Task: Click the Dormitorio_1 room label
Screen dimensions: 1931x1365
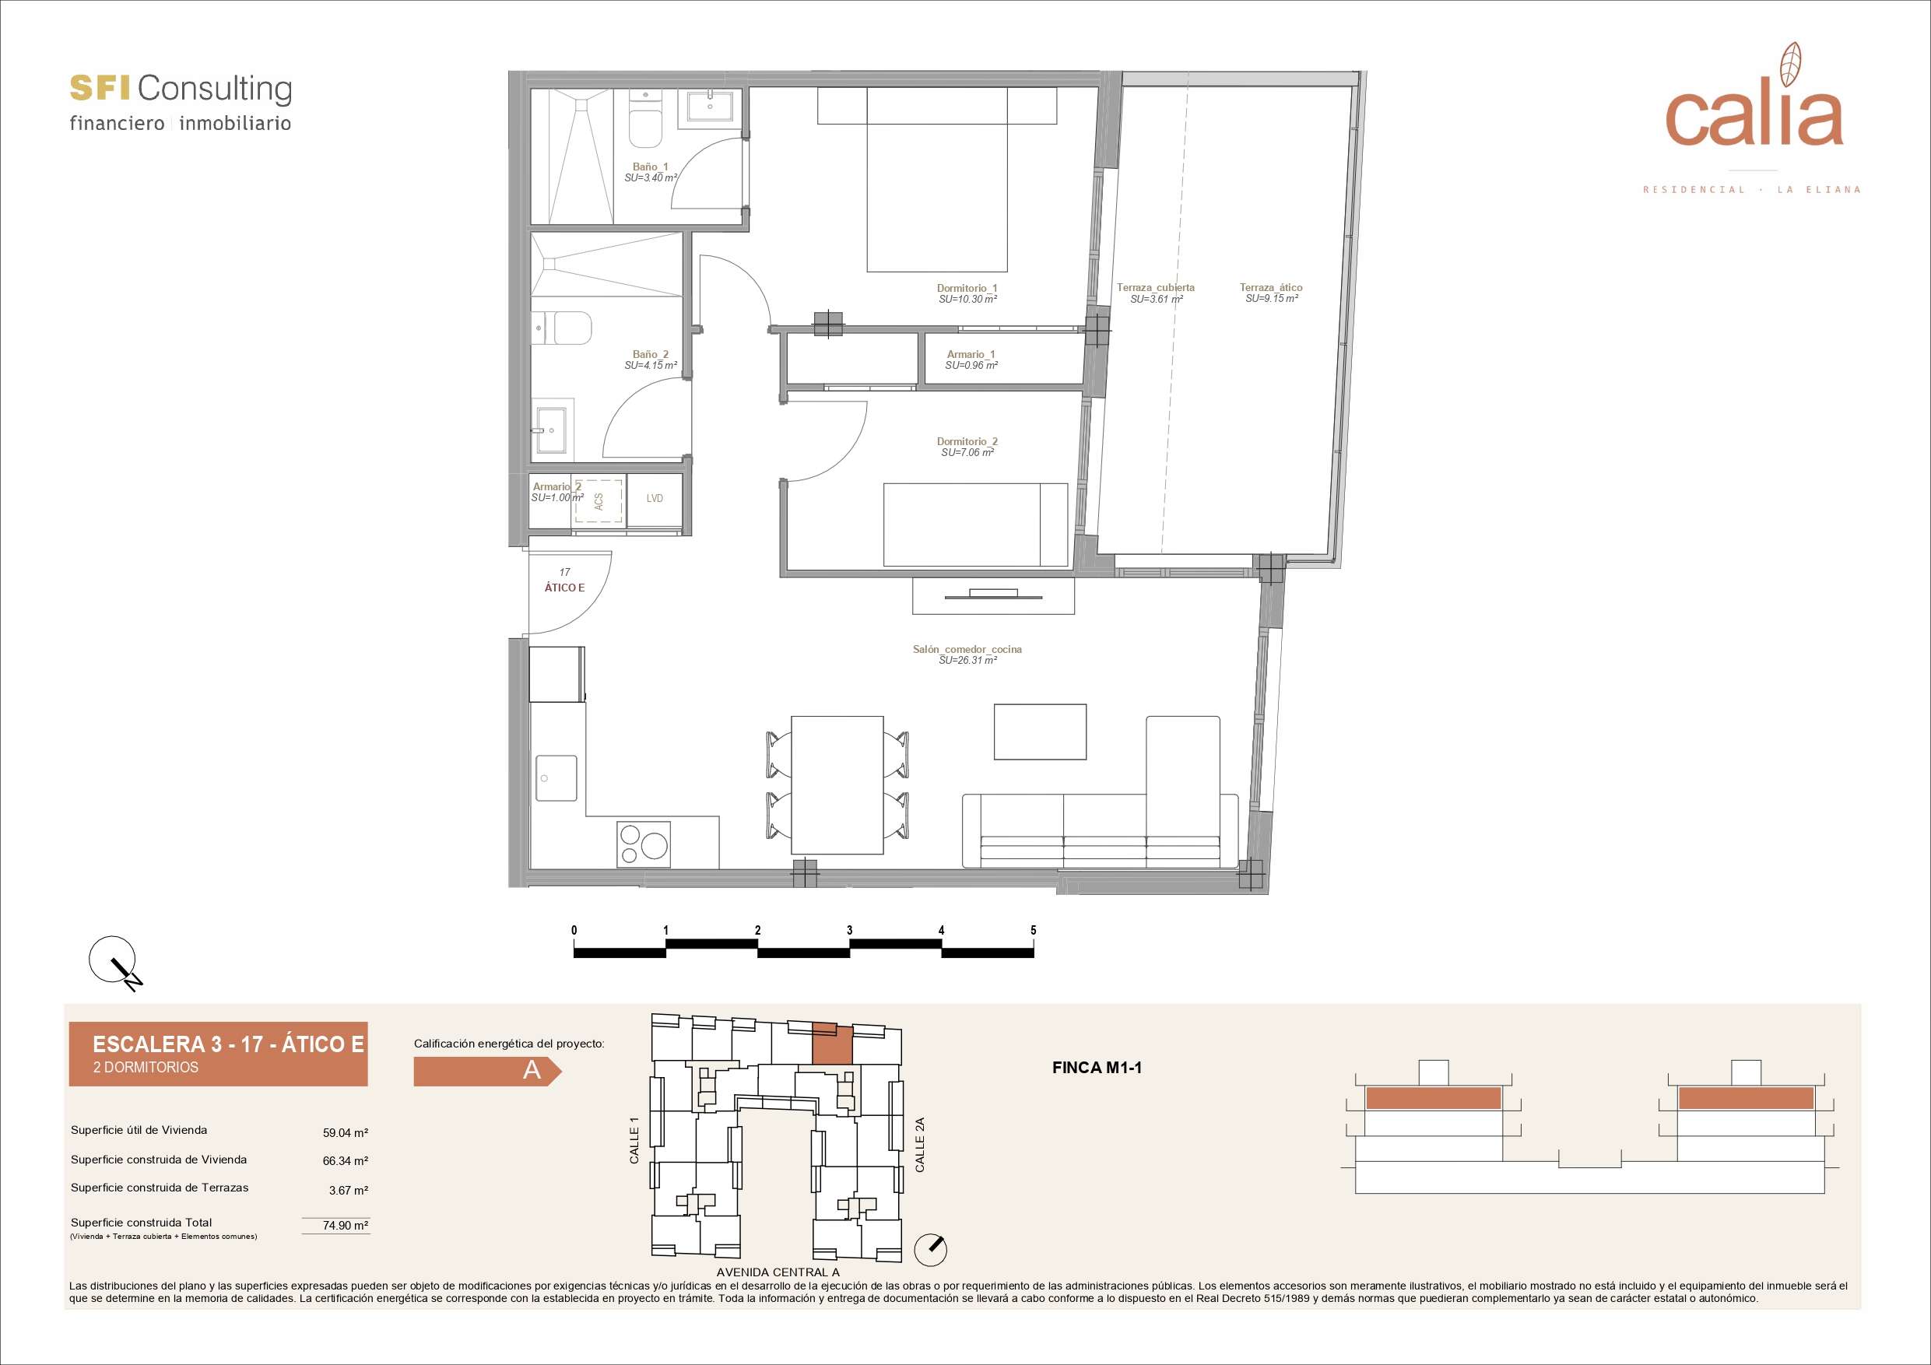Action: [x=967, y=288]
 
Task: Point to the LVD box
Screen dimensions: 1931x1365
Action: [x=655, y=498]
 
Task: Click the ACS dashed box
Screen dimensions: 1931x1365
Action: [x=599, y=501]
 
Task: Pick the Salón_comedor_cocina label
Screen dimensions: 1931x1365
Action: [x=967, y=649]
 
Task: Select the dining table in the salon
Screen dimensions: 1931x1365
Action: [x=837, y=784]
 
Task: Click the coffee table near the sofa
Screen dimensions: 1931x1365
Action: [x=1041, y=732]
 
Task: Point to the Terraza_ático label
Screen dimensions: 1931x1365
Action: [x=1271, y=288]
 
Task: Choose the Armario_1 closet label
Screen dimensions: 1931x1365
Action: [x=971, y=354]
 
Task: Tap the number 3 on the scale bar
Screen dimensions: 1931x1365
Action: [x=849, y=930]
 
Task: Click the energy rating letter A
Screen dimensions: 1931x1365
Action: [x=532, y=1071]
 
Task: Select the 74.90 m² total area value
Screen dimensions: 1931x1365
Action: [x=346, y=1226]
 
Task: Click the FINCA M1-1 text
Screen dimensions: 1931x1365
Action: [x=1097, y=1068]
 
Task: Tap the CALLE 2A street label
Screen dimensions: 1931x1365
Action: [x=919, y=1145]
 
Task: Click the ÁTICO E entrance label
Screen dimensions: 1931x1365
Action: [x=564, y=587]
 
